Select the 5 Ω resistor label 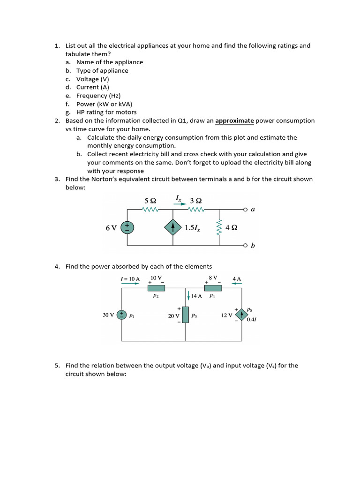click(x=150, y=200)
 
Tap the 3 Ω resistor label click(x=195, y=200)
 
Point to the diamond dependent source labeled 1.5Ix click(x=173, y=227)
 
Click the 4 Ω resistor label click(x=231, y=227)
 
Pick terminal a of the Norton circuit click(x=246, y=209)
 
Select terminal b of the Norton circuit click(x=246, y=245)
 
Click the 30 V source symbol click(x=122, y=315)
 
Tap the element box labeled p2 click(x=156, y=288)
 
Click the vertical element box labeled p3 click(x=186, y=315)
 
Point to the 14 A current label click(x=196, y=296)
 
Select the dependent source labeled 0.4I click(x=242, y=315)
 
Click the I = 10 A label click(x=130, y=279)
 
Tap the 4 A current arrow click(x=237, y=284)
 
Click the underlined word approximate click(x=234, y=121)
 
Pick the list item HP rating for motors click(x=106, y=112)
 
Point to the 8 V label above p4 click(x=213, y=277)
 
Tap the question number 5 click(x=57, y=366)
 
